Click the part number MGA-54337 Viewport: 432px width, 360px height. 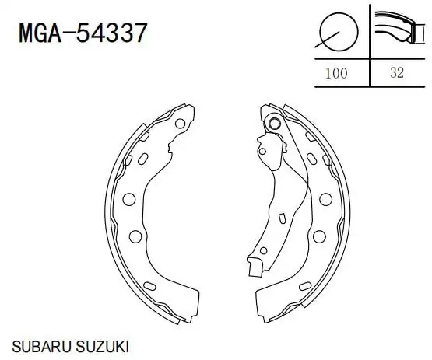pos(83,33)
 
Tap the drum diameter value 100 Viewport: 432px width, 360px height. pos(336,74)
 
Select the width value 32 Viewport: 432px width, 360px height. pos(397,73)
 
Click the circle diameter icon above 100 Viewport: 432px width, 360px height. pos(337,32)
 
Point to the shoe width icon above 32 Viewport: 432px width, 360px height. pos(399,27)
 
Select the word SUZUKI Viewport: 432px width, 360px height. pos(102,347)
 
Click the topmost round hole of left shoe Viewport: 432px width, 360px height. pos(180,124)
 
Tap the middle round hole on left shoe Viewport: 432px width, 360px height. pos(129,199)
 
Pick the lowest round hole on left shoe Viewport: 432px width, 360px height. pos(135,236)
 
